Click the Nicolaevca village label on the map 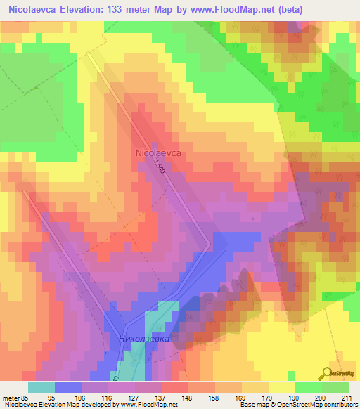158,151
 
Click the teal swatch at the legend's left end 41,387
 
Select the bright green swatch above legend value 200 309,387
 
